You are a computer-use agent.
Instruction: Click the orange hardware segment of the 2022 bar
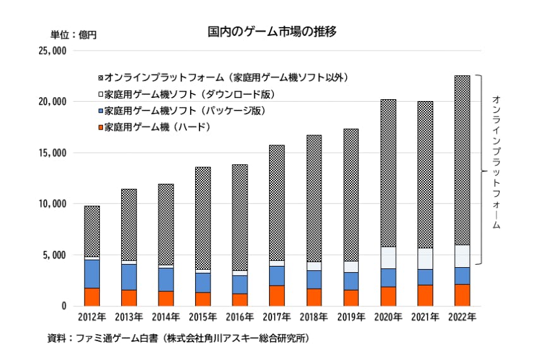pyautogui.click(x=462, y=295)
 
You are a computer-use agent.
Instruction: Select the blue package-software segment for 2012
pyautogui.click(x=92, y=273)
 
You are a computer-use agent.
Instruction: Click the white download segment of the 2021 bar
pyautogui.click(x=425, y=258)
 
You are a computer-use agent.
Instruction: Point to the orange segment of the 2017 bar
pyautogui.click(x=276, y=296)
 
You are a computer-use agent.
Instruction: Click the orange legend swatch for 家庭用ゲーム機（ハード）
pyautogui.click(x=100, y=127)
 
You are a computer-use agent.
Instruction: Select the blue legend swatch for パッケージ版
pyautogui.click(x=100, y=111)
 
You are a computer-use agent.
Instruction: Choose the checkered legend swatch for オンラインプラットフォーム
pyautogui.click(x=100, y=78)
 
